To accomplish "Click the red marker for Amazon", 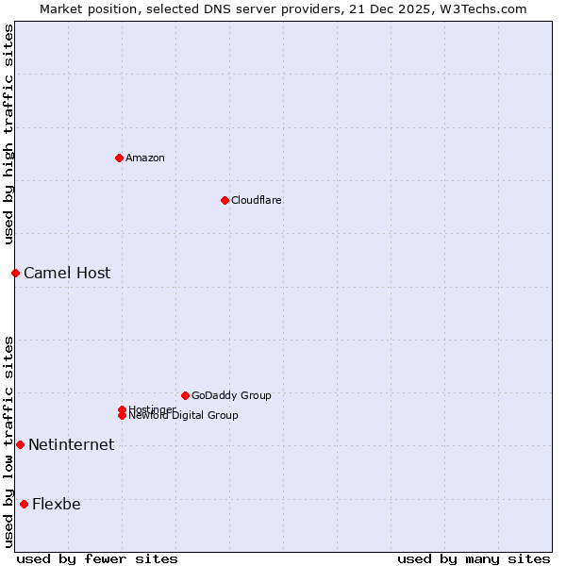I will (119, 158).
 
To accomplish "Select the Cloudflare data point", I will (225, 200).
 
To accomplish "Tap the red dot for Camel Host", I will (15, 273).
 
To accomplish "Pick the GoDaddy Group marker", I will (185, 395).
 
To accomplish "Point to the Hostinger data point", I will (122, 409).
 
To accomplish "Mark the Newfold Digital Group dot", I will (122, 415).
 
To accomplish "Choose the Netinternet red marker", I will (20, 444).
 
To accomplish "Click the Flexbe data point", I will (24, 504).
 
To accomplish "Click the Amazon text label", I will (144, 158).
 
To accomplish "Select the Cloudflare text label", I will (256, 200).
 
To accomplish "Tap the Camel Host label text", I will (67, 273).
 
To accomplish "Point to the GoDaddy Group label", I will (231, 395).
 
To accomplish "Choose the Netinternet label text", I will (71, 444).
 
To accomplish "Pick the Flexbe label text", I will (57, 504).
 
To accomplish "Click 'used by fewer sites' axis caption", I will (97, 558).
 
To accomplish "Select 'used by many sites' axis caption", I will (474, 558).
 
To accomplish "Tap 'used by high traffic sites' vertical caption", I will (8, 134).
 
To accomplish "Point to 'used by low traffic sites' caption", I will (8, 441).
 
